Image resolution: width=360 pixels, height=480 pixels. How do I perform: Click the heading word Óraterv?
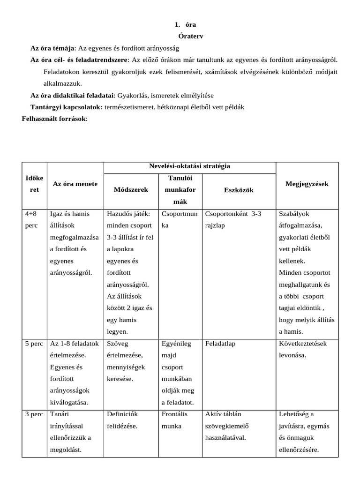191,36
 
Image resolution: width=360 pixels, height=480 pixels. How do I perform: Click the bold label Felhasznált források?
54,119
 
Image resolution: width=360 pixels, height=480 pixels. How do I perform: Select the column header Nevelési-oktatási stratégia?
189,166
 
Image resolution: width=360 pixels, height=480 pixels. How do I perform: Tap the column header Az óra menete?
75,184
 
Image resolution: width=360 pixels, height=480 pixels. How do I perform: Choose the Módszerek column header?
131,190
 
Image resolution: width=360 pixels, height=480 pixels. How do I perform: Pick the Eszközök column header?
239,190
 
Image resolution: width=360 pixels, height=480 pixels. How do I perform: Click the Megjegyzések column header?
307,184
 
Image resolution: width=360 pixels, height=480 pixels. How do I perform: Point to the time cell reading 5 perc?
34,344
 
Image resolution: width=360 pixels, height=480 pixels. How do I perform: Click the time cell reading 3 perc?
34,414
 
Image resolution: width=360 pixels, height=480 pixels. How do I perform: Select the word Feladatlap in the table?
220,344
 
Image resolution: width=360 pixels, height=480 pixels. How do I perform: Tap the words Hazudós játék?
128,214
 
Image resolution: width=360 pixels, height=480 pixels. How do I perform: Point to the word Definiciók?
122,414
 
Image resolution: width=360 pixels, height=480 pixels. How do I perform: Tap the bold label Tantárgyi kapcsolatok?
66,107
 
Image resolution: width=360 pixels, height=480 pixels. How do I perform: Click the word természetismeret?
129,107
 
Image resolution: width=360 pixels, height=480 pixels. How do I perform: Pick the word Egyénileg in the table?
176,344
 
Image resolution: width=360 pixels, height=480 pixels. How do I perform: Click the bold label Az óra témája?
52,48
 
